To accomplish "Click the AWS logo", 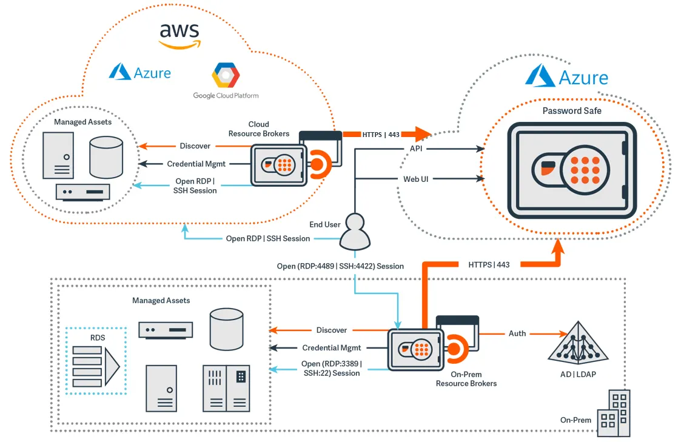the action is [179, 35].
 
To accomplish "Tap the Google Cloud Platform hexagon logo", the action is [226, 75].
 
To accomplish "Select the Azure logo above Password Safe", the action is [566, 76].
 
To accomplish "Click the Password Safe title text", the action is [572, 111].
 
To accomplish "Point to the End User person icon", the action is [355, 232].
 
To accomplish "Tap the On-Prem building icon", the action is [614, 414].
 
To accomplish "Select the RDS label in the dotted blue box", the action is [97, 337].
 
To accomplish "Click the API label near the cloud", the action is [415, 149].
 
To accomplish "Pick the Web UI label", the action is [415, 179].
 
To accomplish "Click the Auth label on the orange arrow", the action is [517, 333].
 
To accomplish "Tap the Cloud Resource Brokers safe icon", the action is [279, 166].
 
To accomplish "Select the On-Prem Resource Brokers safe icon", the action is [415, 349].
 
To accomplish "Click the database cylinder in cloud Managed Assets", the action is [106, 157].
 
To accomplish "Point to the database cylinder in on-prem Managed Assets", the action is [226, 329].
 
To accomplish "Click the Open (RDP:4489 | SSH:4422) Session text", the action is [340, 266].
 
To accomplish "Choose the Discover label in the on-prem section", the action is [331, 330].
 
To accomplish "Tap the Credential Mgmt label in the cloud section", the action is [196, 164].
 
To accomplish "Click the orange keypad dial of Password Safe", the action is [585, 170].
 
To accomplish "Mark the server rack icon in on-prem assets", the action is [226, 388].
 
